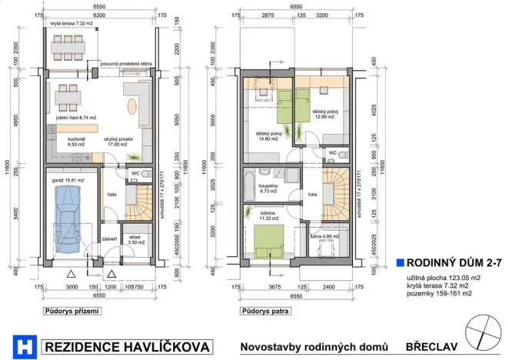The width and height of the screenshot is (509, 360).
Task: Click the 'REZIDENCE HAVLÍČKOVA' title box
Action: [x=128, y=347]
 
